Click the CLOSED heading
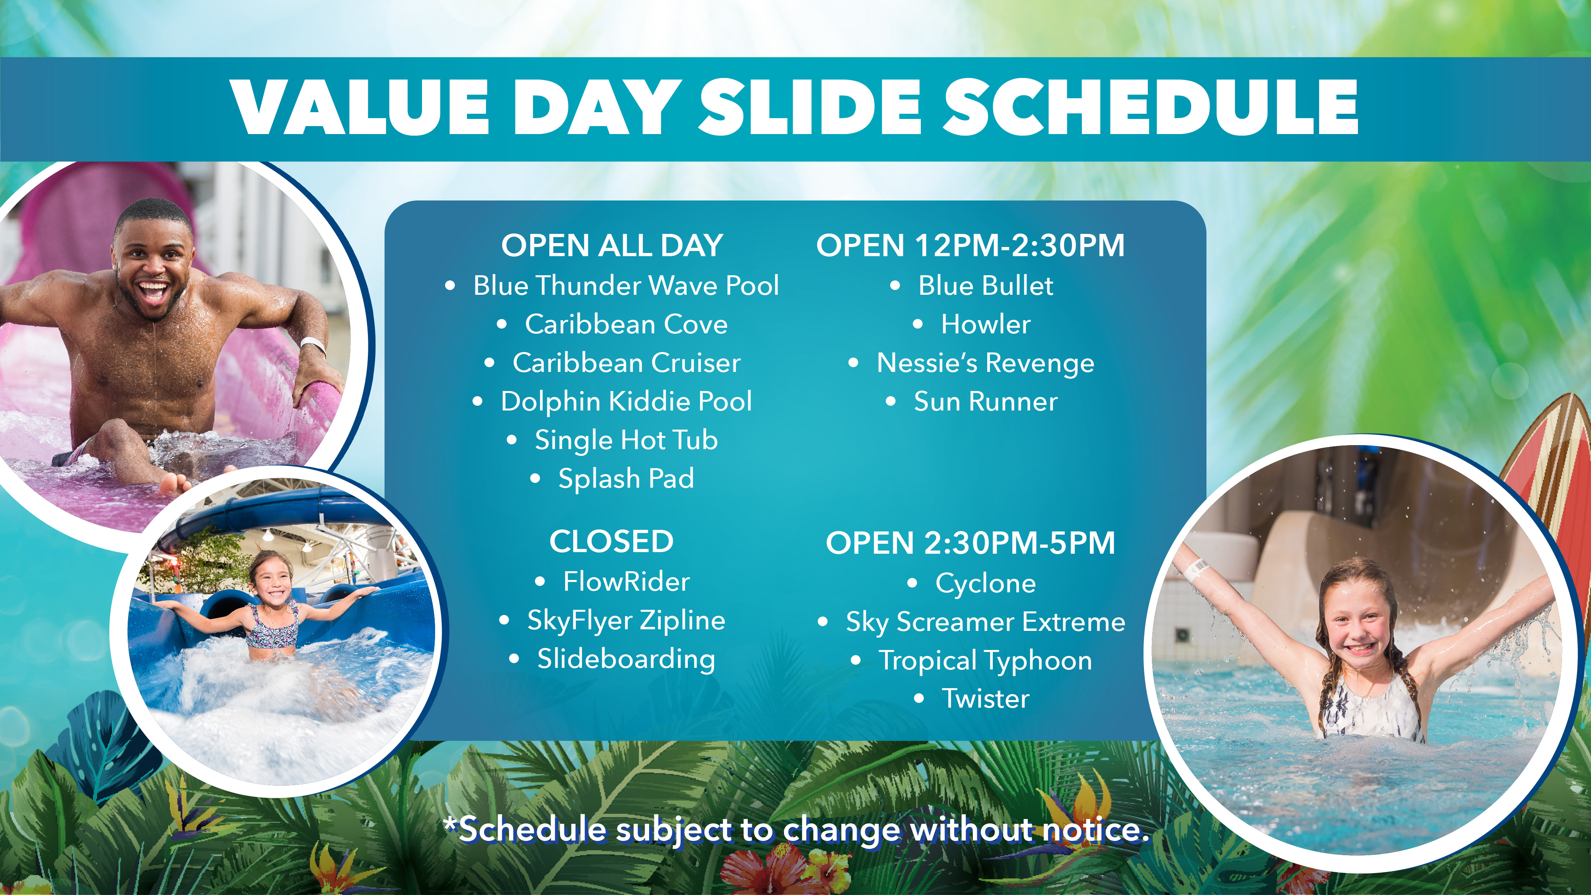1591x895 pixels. tap(611, 542)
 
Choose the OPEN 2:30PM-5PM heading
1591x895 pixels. tap(970, 543)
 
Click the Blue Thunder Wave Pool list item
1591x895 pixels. tap(626, 285)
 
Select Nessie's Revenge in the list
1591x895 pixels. tap(985, 363)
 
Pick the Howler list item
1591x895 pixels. tap(986, 324)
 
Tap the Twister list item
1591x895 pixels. tap(986, 698)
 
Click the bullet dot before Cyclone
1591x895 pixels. tap(912, 584)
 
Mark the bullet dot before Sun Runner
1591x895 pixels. tap(891, 401)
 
